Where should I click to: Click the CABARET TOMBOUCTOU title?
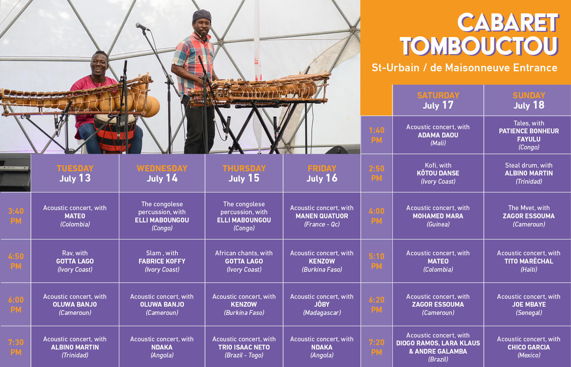[x=479, y=34]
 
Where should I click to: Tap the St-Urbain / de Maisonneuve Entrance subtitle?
[x=464, y=68]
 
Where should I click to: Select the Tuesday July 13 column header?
[x=75, y=173]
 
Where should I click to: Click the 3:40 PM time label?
[x=16, y=216]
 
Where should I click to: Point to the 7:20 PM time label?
[x=376, y=347]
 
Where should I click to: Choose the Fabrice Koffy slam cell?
[x=162, y=261]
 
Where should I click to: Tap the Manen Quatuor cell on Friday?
[x=322, y=216]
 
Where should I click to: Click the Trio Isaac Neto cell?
[x=244, y=347]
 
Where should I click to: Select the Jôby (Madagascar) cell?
[x=322, y=304]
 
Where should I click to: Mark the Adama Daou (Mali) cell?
[x=438, y=135]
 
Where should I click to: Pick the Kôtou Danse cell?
[x=438, y=173]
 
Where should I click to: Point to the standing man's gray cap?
[x=202, y=16]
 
